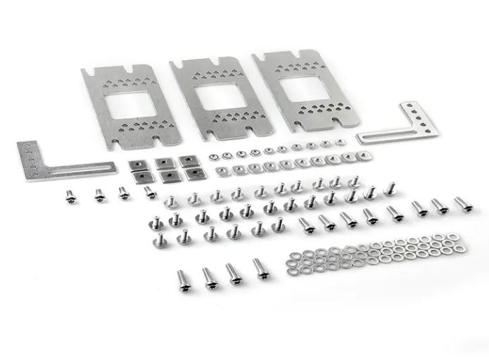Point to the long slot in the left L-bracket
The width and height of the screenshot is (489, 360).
(x=77, y=168)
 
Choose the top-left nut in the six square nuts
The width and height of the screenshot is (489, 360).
(x=137, y=165)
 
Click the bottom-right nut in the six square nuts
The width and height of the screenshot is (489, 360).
(x=192, y=172)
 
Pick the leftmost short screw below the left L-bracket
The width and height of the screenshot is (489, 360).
(x=70, y=197)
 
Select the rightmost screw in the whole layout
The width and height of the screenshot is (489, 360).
(x=462, y=204)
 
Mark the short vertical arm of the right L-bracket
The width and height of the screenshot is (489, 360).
(x=422, y=117)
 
